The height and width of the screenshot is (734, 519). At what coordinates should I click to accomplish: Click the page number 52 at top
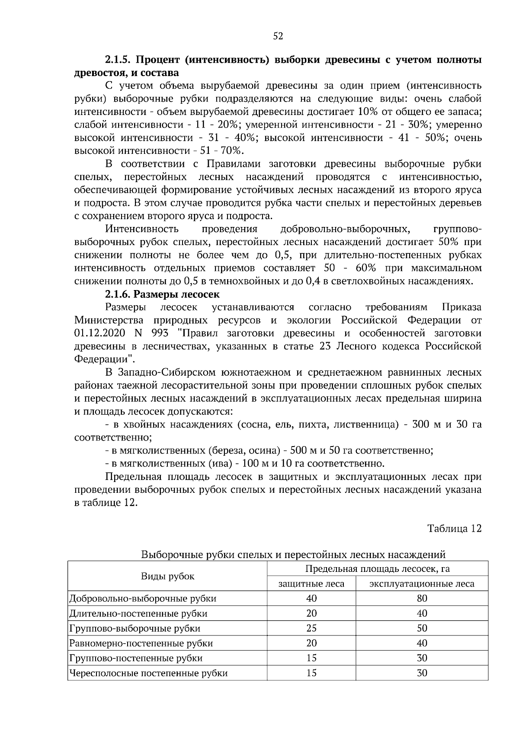click(278, 36)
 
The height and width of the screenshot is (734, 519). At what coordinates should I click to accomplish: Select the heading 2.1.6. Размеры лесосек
click(162, 294)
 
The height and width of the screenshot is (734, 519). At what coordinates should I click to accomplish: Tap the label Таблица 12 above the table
click(454, 528)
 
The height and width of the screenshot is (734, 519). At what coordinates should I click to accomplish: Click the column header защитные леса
click(311, 584)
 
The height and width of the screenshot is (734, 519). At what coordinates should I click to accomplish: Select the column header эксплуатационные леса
click(422, 584)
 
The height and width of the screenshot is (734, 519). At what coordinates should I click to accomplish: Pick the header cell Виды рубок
click(168, 576)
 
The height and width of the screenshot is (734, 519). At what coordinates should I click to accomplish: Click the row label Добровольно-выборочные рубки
click(143, 599)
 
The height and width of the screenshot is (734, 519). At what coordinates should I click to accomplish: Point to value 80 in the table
click(422, 598)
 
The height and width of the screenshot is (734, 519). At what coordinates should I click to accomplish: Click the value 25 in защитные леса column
click(311, 628)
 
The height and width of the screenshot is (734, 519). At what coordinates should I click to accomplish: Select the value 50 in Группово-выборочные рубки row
click(422, 628)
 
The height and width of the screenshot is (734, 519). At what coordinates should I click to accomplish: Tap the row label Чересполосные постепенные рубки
click(148, 673)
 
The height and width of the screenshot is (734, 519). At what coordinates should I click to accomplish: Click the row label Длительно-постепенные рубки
click(138, 613)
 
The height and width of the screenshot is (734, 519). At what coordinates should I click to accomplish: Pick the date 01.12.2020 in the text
click(99, 333)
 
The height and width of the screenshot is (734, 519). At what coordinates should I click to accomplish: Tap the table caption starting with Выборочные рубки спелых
click(293, 555)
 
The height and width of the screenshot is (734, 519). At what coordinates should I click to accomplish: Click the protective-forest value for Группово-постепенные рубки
click(311, 658)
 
